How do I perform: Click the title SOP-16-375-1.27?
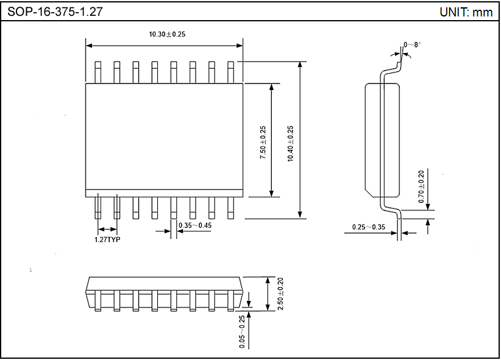[51, 12]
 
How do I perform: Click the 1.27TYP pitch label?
[107, 240]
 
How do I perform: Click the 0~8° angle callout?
[412, 44]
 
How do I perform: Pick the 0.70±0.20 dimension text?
[421, 186]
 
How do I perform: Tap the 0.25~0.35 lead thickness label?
[369, 227]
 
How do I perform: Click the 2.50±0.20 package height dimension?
[280, 294]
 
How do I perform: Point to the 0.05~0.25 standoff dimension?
[242, 332]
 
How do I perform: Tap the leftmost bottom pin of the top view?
[98, 208]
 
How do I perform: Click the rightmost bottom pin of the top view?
[230, 208]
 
